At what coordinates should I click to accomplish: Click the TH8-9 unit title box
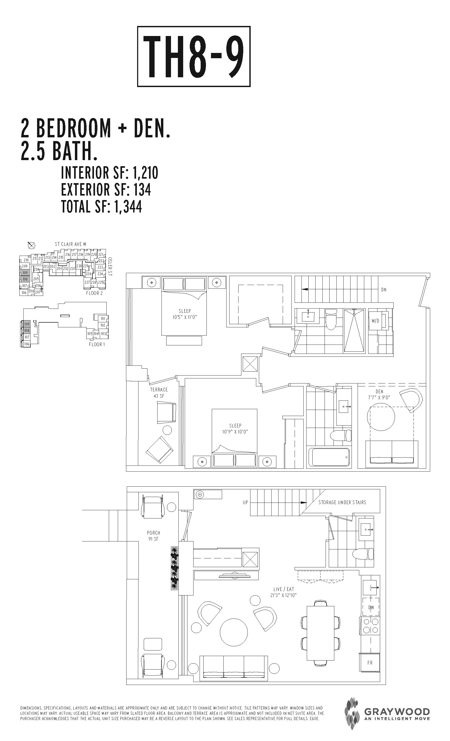click(x=194, y=57)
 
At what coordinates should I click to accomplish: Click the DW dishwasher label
click(x=371, y=607)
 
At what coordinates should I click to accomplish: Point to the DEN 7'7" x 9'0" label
click(x=379, y=394)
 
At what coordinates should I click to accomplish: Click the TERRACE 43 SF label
click(x=159, y=393)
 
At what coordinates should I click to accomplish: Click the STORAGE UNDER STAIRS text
click(x=342, y=502)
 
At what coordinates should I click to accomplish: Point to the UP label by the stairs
click(x=245, y=502)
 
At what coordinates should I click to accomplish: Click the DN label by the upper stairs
click(x=384, y=290)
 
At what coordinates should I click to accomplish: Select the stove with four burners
click(x=370, y=626)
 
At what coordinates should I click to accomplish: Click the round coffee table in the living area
click(x=234, y=632)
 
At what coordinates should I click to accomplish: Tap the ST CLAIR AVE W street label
click(x=71, y=244)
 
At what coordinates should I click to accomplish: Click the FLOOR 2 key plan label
click(x=94, y=293)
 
